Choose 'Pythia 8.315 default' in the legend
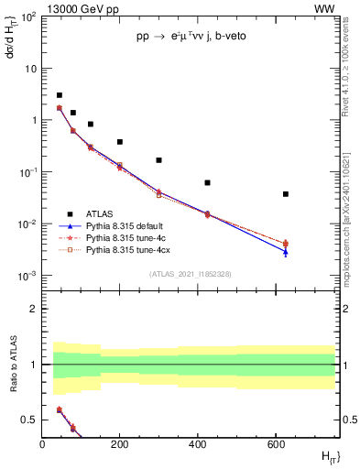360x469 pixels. [x=130, y=226]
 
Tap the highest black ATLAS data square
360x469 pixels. [x=60, y=95]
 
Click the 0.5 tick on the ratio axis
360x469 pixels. [x=29, y=420]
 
